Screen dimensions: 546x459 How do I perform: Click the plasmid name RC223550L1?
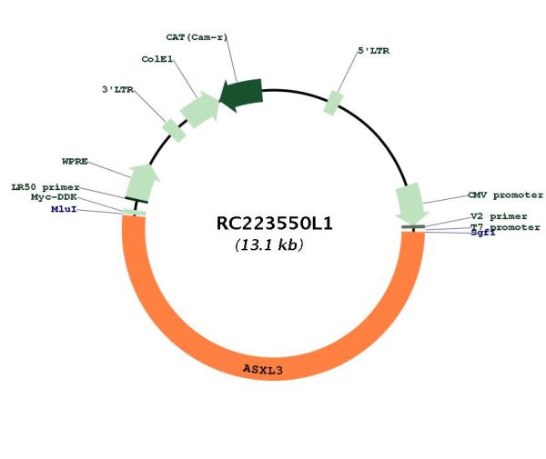(x=275, y=224)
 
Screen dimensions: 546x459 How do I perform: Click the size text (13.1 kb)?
(x=269, y=244)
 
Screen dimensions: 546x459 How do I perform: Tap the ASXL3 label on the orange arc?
(x=263, y=369)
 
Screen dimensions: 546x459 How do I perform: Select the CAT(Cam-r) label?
(x=197, y=37)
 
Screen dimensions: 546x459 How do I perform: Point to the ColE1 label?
(x=157, y=59)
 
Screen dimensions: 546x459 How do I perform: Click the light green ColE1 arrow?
(x=200, y=110)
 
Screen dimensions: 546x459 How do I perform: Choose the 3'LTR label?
(x=117, y=90)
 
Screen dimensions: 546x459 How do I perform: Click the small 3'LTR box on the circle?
(x=174, y=130)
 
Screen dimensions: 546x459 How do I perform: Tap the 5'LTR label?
(x=374, y=51)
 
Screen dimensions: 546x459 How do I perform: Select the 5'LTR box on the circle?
(x=333, y=103)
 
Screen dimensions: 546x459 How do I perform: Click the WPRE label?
(x=75, y=162)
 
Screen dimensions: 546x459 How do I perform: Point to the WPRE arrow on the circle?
(x=142, y=183)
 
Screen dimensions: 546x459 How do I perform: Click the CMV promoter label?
(x=505, y=195)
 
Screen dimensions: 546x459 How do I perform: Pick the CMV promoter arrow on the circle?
(x=411, y=204)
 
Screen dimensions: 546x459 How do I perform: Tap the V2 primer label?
(x=499, y=216)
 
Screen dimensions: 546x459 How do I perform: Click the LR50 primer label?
(x=45, y=187)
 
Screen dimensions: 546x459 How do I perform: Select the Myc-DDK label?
(x=54, y=197)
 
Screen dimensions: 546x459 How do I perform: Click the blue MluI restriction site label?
(x=64, y=209)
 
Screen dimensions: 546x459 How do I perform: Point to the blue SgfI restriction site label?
(x=483, y=233)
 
